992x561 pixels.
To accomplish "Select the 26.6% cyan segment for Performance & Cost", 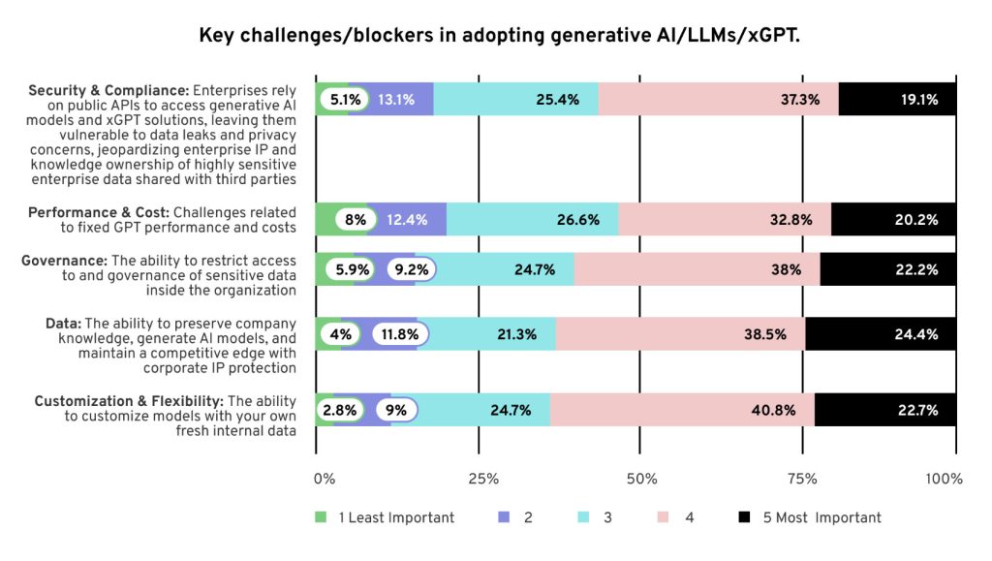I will [x=532, y=220].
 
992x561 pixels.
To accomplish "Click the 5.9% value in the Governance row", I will [x=345, y=269].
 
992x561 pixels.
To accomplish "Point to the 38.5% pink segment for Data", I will [x=680, y=334].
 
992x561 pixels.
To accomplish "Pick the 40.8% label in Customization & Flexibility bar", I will [x=773, y=410].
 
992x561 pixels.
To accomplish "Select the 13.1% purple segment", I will [x=391, y=99].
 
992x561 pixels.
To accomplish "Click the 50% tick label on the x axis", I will [x=641, y=479].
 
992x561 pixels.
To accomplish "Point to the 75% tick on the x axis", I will [x=800, y=479].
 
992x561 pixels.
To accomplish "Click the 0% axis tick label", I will [x=324, y=479].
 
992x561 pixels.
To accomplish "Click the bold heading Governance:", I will [x=65, y=260].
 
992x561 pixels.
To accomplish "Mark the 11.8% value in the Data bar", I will [x=399, y=334].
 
